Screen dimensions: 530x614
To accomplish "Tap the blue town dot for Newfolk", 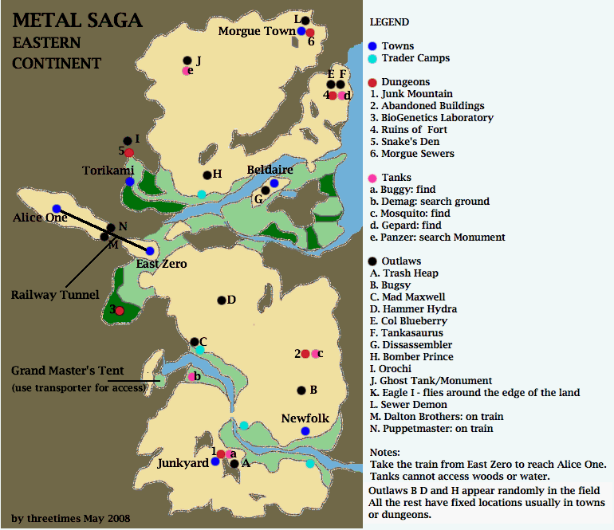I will point(305,431).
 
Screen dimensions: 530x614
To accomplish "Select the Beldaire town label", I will point(270,170).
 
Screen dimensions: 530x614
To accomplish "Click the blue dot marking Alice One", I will point(57,208).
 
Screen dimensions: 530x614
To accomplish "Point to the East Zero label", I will point(161,264).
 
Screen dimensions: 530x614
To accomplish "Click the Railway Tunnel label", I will point(55,295).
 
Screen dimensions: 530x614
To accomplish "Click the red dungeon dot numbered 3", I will point(120,311).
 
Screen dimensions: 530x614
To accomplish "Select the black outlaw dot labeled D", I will point(222,300).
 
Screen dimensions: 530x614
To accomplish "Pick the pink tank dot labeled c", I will point(316,354).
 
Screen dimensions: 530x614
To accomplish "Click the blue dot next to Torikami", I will point(129,182).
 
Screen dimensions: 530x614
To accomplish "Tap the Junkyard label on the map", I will point(183,463).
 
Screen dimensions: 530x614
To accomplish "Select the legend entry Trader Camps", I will point(415,58).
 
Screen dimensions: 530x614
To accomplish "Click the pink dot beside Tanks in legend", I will point(372,178).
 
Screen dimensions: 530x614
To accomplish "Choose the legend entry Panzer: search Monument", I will point(437,238).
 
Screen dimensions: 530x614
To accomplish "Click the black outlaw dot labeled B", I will point(301,391).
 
